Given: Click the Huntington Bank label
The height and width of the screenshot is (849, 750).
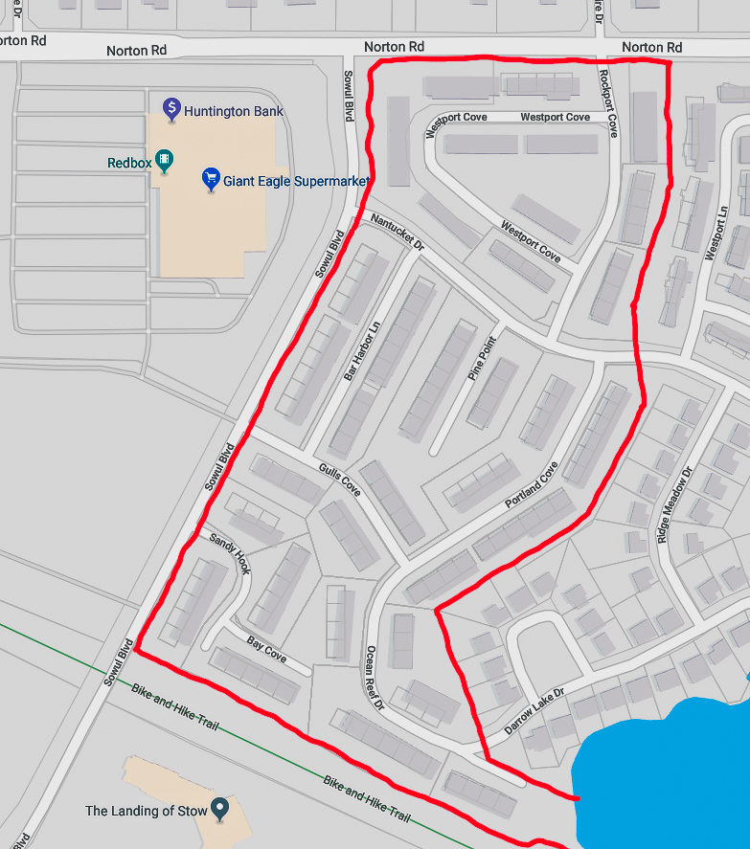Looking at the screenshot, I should click(x=233, y=111).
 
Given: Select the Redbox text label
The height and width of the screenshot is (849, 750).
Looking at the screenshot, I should click(x=129, y=164).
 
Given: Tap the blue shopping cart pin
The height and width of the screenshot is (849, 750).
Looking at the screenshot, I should click(x=211, y=178).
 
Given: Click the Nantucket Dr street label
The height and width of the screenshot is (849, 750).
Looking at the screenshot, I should click(x=397, y=231).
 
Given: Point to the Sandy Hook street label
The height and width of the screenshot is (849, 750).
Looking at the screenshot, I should click(x=230, y=553).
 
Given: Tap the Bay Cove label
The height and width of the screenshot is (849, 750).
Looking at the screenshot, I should click(x=266, y=650).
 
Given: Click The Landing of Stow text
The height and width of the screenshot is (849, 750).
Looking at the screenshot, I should click(x=146, y=811).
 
